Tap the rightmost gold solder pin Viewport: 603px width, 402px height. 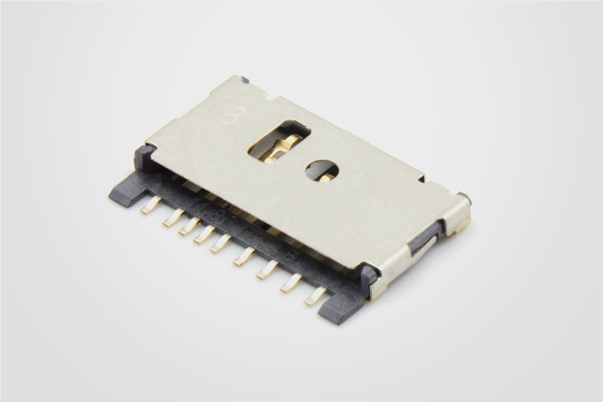coord(315,296)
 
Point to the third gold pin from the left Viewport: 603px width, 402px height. coord(189,226)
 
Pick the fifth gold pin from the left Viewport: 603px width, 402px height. coord(221,244)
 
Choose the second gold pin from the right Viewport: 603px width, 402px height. coord(291,282)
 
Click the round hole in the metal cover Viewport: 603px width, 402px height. coord(322,170)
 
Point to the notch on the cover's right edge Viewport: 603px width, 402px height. coord(421,179)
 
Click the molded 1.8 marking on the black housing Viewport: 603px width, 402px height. coord(206,208)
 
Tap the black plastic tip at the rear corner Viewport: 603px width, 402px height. coord(245,80)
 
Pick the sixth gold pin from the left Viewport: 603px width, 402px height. coord(243,257)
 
